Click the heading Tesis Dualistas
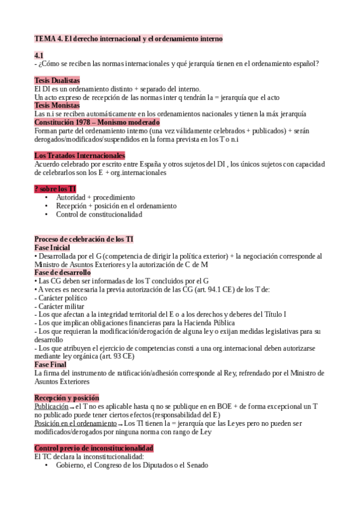(x=57, y=81)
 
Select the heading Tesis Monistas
(x=57, y=105)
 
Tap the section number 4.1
(x=39, y=55)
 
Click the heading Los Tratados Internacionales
(x=79, y=156)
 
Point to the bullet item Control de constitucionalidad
(x=99, y=214)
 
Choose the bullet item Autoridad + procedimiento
(x=96, y=197)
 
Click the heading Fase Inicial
(x=52, y=248)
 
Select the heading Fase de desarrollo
(x=63, y=272)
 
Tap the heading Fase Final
(x=50, y=364)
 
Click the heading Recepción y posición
(x=67, y=398)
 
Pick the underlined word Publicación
(x=51, y=407)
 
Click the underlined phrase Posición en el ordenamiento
(x=76, y=423)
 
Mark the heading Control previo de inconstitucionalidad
(x=94, y=448)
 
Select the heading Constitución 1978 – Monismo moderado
(x=97, y=122)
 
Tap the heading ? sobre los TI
(x=55, y=189)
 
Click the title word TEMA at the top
(x=44, y=38)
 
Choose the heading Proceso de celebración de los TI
(x=84, y=239)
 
